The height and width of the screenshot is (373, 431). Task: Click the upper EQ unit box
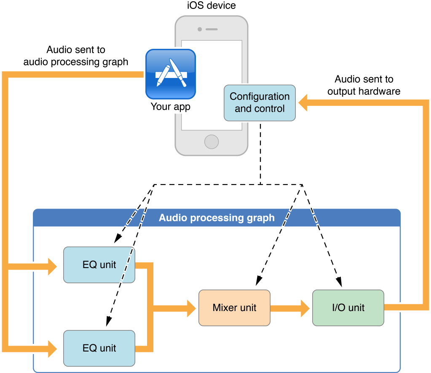[x=99, y=265]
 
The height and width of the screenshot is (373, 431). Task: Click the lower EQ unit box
[x=99, y=348]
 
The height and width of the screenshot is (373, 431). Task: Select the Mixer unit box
[x=234, y=308]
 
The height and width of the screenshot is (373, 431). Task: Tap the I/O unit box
[x=348, y=308]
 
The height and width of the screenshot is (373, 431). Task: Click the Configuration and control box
[x=260, y=103]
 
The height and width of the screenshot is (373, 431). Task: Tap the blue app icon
[x=171, y=74]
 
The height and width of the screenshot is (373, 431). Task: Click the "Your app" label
[x=171, y=107]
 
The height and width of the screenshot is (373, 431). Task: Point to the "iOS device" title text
[x=211, y=5]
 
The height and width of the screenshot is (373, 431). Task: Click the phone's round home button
[x=211, y=142]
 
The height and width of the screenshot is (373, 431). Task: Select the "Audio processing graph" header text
[x=217, y=218]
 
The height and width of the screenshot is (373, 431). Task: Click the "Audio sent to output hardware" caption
[x=364, y=85]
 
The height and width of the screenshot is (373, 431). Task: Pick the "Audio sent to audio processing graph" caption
[x=76, y=56]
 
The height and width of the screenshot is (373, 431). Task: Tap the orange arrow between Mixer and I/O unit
[x=291, y=308]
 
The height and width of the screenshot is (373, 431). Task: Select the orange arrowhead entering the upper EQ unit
[x=52, y=266]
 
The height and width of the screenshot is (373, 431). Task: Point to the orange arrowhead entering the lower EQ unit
[x=52, y=349]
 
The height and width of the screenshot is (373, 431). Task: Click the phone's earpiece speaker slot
[x=211, y=30]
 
